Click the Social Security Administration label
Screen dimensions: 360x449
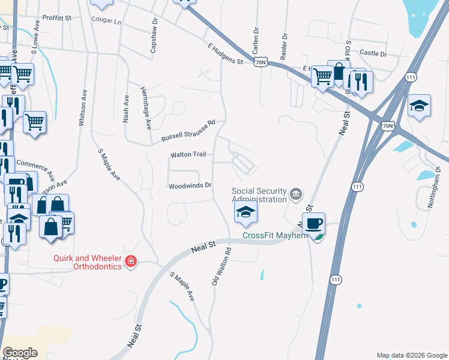coord(259,195)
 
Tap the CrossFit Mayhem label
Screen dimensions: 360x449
coord(275,235)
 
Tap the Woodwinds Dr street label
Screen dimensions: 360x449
coord(190,185)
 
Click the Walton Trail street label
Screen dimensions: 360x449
coord(188,155)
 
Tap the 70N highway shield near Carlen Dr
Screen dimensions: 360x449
coord(260,62)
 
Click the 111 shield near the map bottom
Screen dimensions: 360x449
coord(336,280)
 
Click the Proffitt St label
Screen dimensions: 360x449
coord(56,18)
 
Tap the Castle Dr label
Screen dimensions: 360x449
coord(373,53)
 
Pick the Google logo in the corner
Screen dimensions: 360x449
coord(20,353)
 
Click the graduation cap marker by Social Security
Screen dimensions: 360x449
coord(246,211)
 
